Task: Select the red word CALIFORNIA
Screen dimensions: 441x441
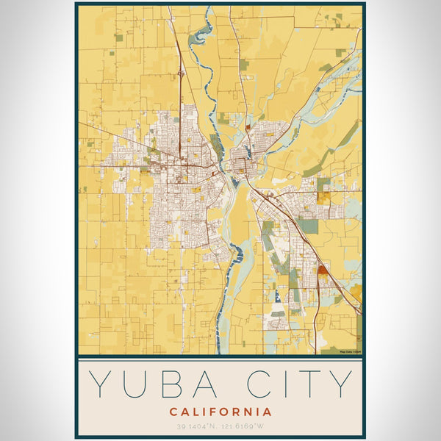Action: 220,412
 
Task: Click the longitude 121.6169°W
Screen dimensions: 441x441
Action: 248,426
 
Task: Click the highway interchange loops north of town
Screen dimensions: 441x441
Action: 179,74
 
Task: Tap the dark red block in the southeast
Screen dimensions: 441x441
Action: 322,270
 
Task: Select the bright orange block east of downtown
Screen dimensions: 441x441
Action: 324,197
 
